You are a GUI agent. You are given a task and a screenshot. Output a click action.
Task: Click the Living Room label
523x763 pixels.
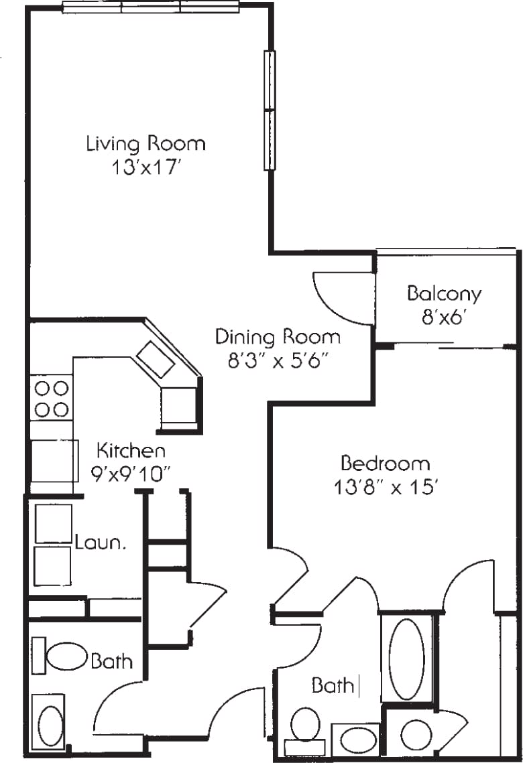[146, 143]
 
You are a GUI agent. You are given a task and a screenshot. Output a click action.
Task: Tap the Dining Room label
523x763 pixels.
[278, 336]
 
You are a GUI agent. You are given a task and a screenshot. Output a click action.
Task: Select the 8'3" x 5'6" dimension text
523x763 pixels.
[278, 361]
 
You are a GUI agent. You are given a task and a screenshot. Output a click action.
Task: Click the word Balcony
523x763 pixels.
[444, 293]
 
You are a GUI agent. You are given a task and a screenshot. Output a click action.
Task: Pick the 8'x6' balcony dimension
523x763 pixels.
[444, 318]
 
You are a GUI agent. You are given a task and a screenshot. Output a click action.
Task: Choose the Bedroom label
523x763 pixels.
[385, 463]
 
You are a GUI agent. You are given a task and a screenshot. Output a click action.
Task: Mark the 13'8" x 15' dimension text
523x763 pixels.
[385, 488]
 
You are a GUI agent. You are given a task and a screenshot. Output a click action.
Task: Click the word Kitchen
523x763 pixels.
[131, 449]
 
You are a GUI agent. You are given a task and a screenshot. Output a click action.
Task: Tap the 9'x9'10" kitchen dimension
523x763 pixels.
[131, 473]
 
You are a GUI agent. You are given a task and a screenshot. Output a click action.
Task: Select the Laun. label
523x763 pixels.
[101, 542]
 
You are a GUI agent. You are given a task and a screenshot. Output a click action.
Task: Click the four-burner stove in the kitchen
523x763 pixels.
[51, 399]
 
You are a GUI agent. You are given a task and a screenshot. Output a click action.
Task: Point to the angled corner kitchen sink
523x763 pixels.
[156, 359]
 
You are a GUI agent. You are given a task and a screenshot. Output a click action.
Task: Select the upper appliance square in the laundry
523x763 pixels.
[53, 523]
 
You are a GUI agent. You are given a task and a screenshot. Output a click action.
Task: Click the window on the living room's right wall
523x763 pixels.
[269, 110]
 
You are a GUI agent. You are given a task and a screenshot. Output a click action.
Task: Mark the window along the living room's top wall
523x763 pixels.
[151, 7]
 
